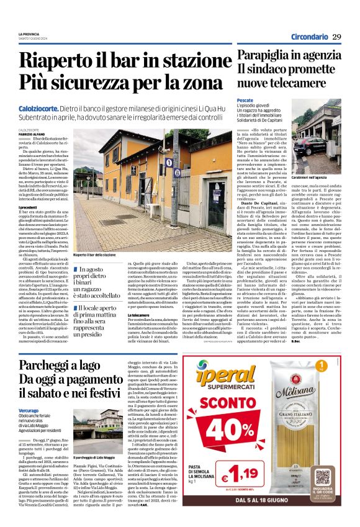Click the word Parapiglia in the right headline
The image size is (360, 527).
pos(264,55)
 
